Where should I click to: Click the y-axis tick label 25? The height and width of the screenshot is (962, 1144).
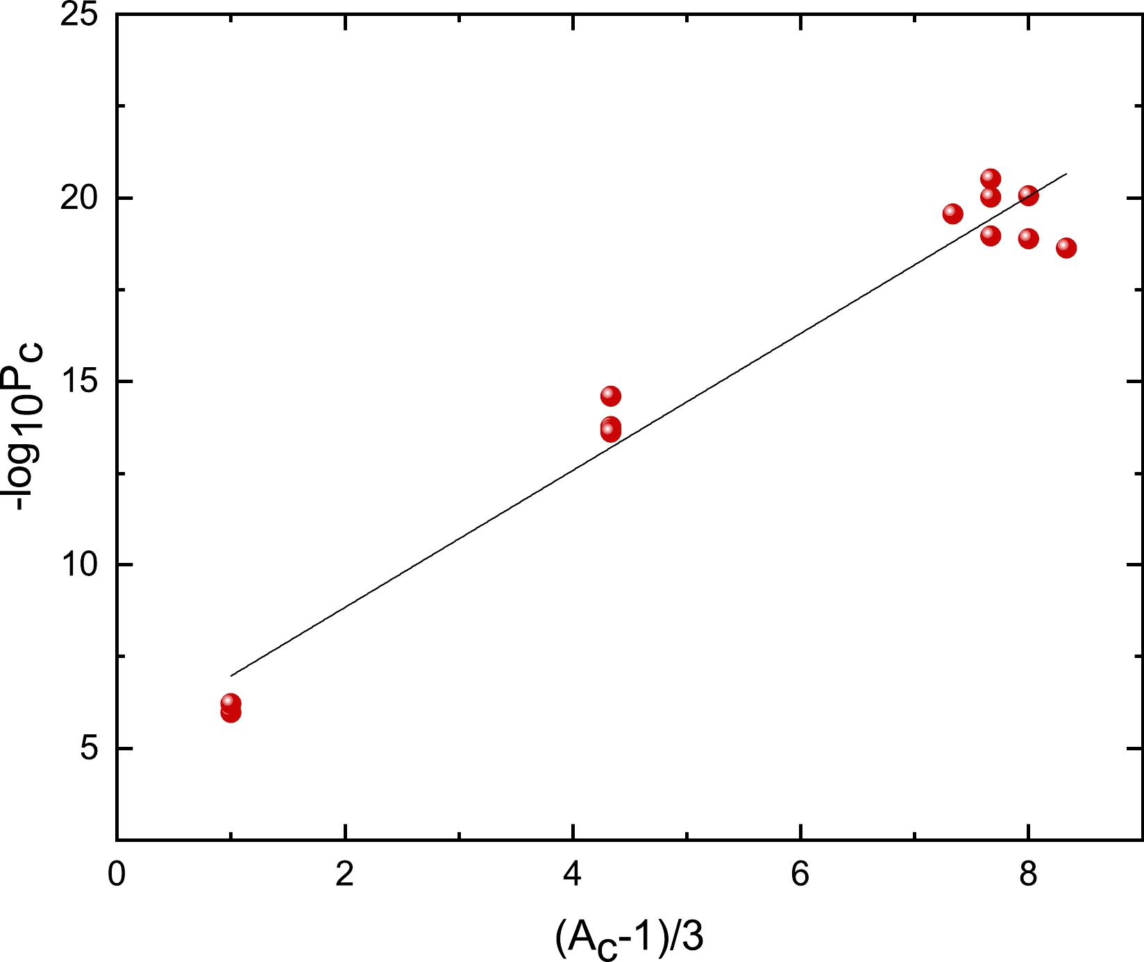click(x=78, y=15)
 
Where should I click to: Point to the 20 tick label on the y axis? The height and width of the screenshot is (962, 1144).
click(x=78, y=199)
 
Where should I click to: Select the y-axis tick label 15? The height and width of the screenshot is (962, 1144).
click(x=78, y=382)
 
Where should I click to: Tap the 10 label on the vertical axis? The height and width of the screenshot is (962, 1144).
click(x=78, y=565)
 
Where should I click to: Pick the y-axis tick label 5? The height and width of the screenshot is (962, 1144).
click(x=89, y=749)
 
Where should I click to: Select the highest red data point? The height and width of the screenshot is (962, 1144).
click(x=991, y=178)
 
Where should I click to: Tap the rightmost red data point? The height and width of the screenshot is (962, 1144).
click(x=1066, y=248)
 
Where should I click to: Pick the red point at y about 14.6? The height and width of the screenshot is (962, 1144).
click(x=610, y=396)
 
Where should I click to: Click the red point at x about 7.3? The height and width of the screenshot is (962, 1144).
click(x=952, y=214)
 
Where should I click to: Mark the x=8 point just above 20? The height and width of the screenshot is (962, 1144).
click(x=1028, y=196)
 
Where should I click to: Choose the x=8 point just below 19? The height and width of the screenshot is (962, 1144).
click(x=1028, y=238)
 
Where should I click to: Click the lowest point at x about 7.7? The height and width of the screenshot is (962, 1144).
click(x=991, y=235)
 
